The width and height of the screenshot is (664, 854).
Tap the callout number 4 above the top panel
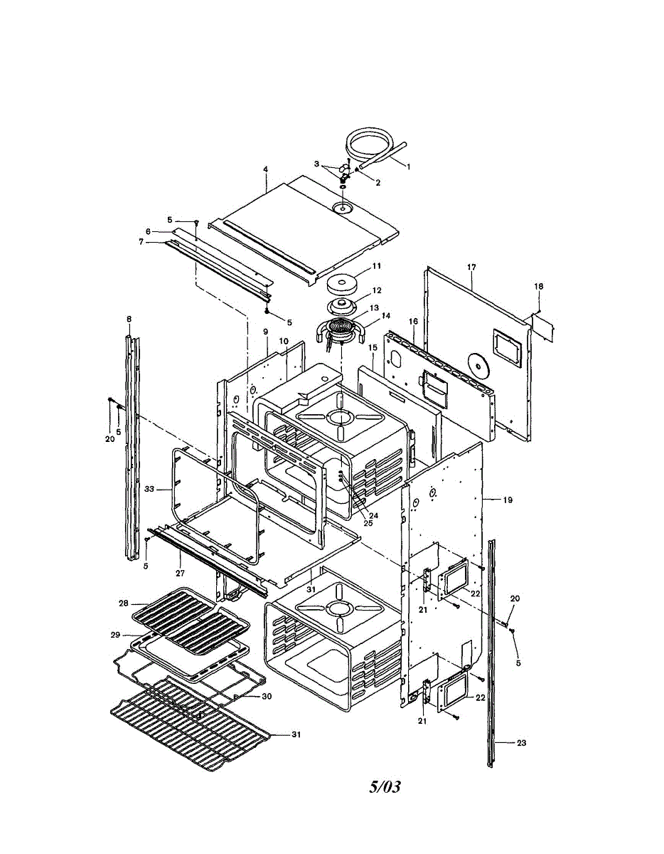[x=265, y=169]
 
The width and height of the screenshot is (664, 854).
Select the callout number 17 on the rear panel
[x=471, y=268]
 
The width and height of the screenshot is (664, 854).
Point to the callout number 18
[x=539, y=286]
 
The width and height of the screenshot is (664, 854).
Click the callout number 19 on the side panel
[x=508, y=500]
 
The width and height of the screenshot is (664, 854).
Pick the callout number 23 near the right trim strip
[x=521, y=743]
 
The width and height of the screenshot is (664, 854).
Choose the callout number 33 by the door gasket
[x=149, y=489]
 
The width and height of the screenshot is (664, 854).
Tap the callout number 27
[x=180, y=573]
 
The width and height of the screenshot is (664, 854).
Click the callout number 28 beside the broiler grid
[x=123, y=603]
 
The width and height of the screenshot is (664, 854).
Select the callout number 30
[x=267, y=696]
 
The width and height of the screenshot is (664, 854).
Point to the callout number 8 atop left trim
[x=129, y=320]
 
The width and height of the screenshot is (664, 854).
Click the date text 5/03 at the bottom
[x=385, y=786]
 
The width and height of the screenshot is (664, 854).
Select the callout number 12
[x=377, y=290]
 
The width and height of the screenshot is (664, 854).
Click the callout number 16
[x=413, y=322]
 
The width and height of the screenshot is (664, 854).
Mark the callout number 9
[x=265, y=332]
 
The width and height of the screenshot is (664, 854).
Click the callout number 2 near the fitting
[x=378, y=183]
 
